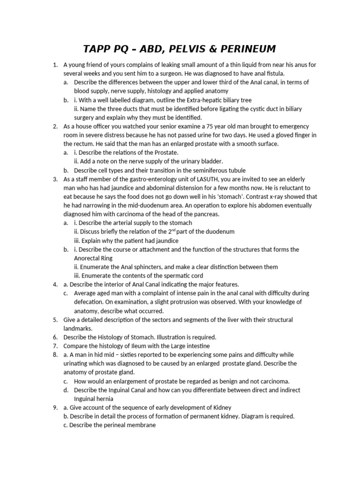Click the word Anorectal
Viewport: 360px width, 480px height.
pyautogui.click(x=88, y=258)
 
